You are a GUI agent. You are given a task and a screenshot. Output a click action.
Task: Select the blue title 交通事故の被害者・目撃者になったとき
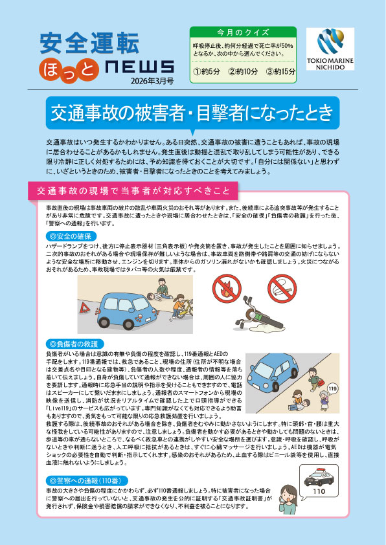pyautogui.click(x=192, y=113)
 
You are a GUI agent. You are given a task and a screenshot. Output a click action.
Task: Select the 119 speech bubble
pyautogui.click(x=333, y=388)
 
